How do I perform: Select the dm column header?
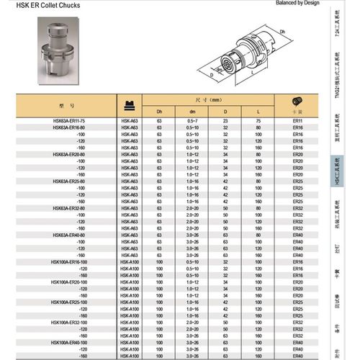192,112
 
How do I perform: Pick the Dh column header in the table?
159,112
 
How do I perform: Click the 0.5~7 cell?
192,120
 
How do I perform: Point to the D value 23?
225,120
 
